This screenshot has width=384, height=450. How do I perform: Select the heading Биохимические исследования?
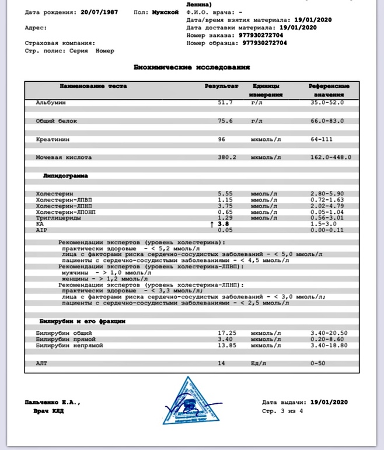point(192,67)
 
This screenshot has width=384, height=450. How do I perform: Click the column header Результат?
point(221,86)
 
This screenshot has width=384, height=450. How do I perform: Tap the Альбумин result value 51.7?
point(225,102)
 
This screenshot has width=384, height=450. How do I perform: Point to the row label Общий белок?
point(57,121)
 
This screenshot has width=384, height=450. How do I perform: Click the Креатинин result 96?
point(222,139)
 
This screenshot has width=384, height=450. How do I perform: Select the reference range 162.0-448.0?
point(331,157)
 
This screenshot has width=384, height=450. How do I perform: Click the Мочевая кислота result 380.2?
point(227,157)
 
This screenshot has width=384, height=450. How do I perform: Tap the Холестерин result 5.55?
point(225,193)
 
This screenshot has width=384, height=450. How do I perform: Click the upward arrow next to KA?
point(212,223)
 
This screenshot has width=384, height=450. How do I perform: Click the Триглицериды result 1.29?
point(225,217)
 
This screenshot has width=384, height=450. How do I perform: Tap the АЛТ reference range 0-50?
point(320,364)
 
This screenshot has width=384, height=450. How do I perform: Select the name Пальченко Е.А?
point(52,403)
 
